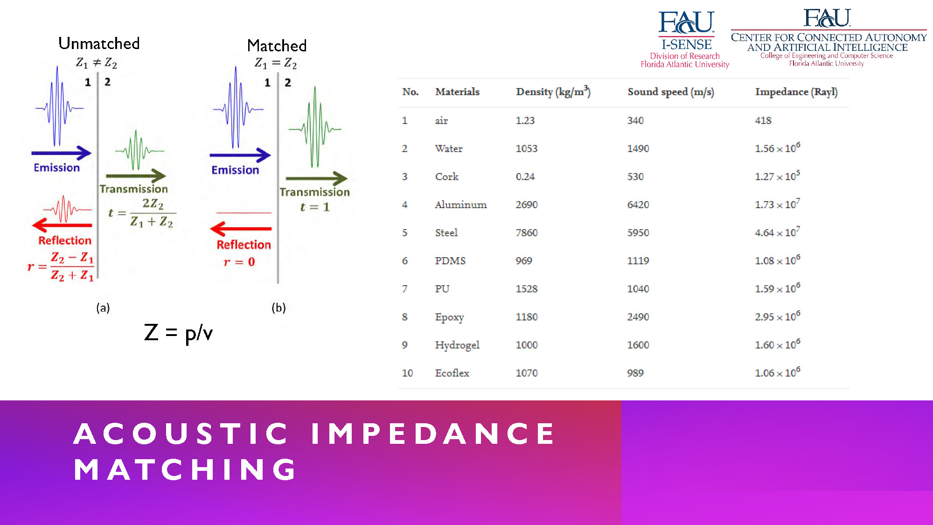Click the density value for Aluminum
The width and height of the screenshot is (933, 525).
[527, 204]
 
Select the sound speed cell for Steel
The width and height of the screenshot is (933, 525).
[638, 232]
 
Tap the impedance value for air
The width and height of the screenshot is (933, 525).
[763, 120]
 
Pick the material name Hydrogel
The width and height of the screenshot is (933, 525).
[457, 345]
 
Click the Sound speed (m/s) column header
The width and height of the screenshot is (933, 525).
[671, 92]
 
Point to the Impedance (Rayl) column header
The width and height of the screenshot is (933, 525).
[796, 92]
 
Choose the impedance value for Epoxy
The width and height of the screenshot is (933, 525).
[778, 316]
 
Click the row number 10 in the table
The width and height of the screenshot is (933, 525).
[407, 373]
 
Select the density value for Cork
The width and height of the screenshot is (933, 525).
[525, 176]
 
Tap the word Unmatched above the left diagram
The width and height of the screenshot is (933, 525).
[99, 43]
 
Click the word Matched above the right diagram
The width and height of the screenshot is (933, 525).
[277, 46]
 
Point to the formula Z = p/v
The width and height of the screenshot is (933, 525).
[178, 333]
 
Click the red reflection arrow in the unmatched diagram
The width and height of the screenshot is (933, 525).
[62, 225]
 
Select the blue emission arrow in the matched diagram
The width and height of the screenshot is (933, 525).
[240, 155]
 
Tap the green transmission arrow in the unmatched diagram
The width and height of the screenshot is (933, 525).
[136, 176]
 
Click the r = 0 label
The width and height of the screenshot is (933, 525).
[239, 262]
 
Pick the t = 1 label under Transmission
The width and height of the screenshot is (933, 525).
[315, 207]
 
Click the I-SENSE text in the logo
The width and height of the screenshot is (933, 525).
[687, 45]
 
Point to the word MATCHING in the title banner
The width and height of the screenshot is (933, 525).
[185, 469]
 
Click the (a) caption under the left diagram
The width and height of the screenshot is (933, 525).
[103, 308]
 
